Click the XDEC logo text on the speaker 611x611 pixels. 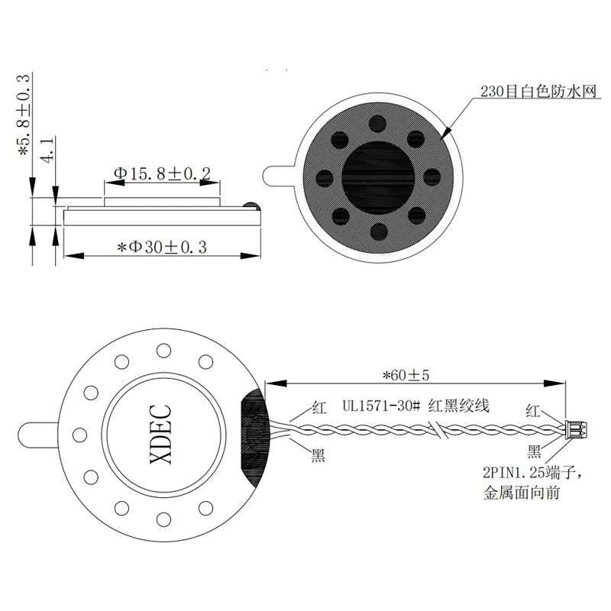(161, 435)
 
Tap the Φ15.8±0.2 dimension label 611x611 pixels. (162, 173)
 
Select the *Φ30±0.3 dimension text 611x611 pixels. (162, 247)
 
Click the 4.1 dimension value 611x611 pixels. (47, 150)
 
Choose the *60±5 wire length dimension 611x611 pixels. (406, 375)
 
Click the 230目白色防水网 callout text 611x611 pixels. (538, 92)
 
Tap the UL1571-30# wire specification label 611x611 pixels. (381, 406)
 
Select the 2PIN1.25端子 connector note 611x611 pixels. (532, 473)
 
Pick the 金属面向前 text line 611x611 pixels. (522, 493)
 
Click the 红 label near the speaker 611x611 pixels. (319, 408)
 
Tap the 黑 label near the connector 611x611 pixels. (534, 451)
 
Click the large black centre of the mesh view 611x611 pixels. (378, 178)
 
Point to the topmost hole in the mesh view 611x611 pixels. (378, 124)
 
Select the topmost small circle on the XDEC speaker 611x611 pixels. (163, 351)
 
